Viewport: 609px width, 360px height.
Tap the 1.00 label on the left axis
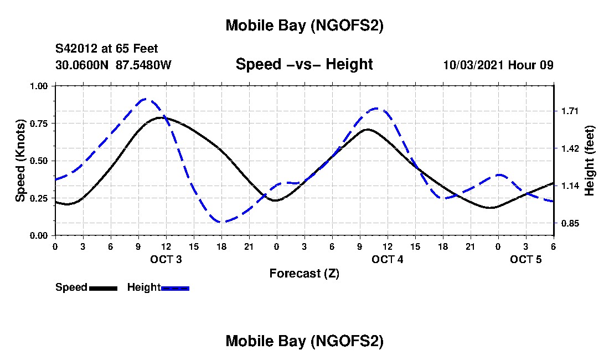point(39,86)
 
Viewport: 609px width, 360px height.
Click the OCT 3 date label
point(166,259)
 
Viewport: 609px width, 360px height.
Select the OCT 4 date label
point(388,259)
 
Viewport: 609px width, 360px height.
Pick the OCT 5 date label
point(526,259)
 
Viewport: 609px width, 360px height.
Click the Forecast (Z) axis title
point(304,273)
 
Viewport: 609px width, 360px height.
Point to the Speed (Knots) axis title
point(20,160)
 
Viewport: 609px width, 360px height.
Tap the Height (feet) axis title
point(590,160)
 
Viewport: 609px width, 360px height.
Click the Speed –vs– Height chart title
point(304,64)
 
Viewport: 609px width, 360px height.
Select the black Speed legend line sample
point(103,288)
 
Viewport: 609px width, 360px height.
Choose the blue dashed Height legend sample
point(175,288)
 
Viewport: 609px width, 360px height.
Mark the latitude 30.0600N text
point(83,65)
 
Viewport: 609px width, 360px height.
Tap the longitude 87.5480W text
point(143,65)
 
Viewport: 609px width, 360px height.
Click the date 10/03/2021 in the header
point(474,65)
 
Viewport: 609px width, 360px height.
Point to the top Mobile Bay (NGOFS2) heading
point(304,25)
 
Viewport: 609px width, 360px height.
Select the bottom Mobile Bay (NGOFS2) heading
point(304,341)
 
